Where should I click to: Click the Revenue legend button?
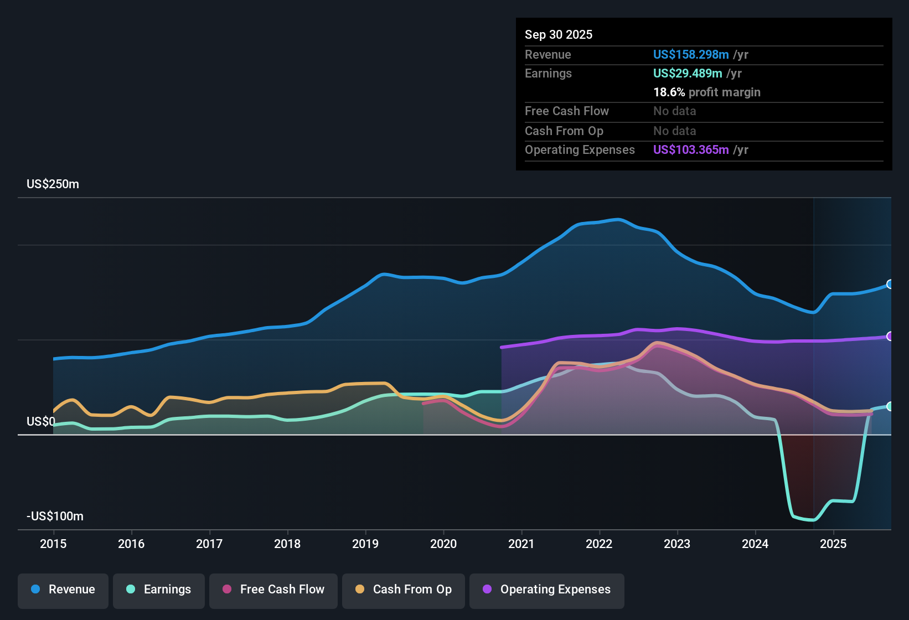[63, 590]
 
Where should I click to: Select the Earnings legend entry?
[159, 590]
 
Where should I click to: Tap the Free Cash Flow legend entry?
[273, 590]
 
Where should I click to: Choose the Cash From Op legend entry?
[404, 590]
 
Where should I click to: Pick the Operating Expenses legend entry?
[547, 590]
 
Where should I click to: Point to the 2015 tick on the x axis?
[53, 544]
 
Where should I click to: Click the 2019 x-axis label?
[365, 544]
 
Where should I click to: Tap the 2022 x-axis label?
[599, 544]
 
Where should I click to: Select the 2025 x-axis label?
[833, 544]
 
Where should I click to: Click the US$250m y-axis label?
[53, 184]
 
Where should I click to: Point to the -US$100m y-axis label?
[55, 516]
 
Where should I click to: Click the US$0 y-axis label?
[41, 422]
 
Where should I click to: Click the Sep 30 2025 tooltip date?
[559, 35]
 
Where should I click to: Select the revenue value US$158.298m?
[691, 55]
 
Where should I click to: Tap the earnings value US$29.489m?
[688, 74]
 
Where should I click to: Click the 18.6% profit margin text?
[707, 92]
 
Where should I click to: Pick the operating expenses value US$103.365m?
[691, 150]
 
